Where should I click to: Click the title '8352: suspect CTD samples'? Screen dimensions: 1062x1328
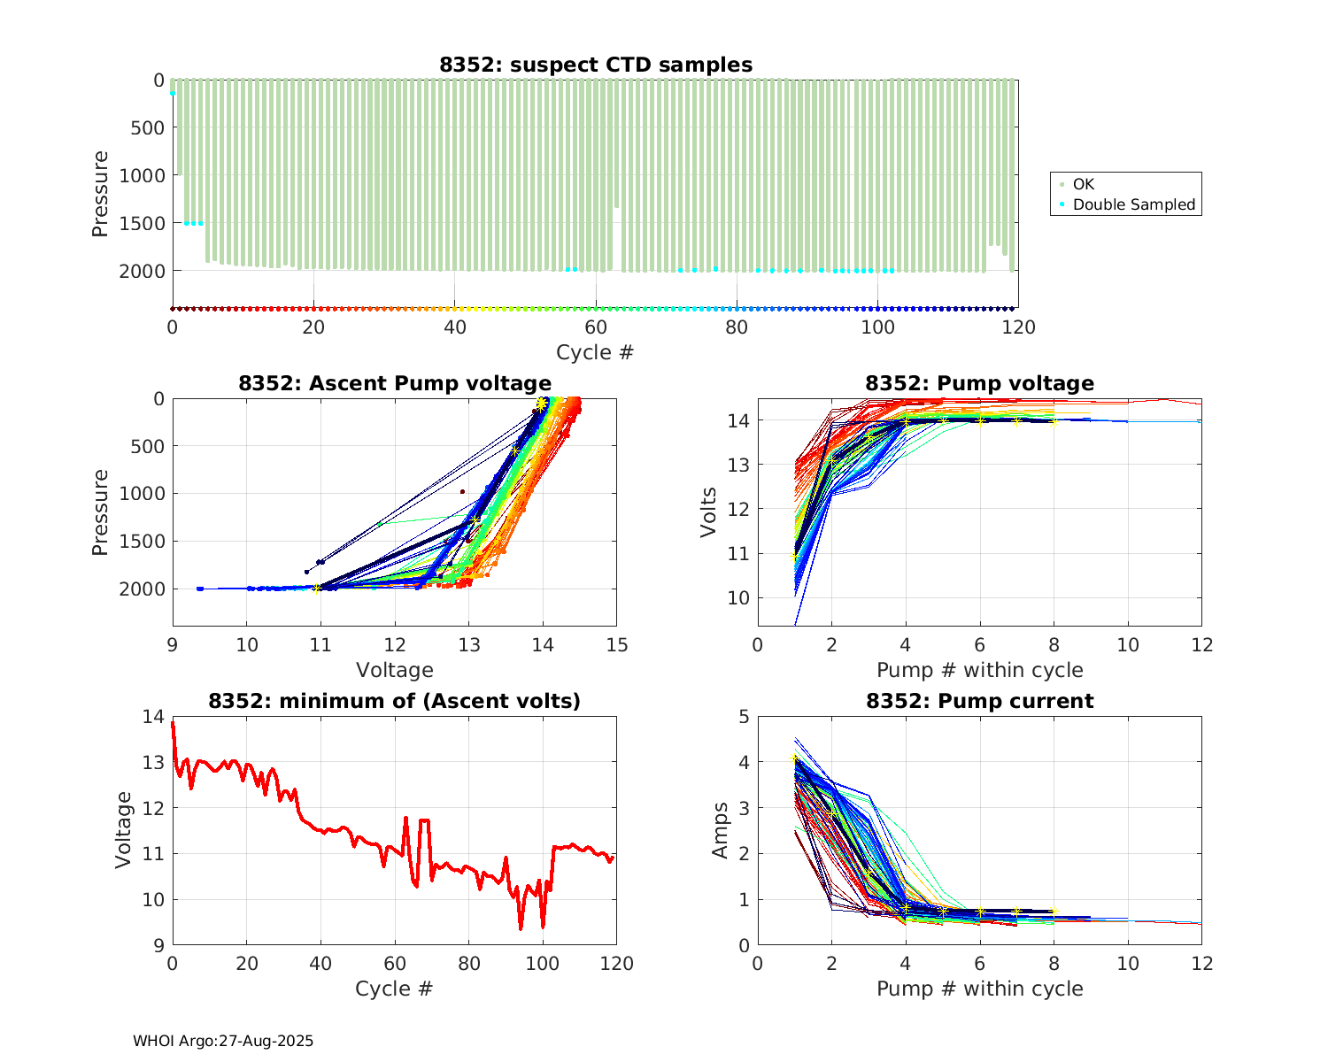coord(596,65)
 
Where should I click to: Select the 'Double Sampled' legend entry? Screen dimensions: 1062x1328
coord(1133,204)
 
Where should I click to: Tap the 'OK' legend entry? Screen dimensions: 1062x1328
coord(1084,184)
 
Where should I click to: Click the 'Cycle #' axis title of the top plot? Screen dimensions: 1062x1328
coord(595,352)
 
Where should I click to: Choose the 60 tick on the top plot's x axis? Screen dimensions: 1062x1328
coord(596,327)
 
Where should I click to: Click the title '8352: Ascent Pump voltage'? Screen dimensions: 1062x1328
coord(395,383)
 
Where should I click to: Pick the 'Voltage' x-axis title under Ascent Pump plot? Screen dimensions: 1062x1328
coord(395,670)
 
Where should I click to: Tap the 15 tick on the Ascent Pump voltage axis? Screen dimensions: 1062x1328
coord(617,644)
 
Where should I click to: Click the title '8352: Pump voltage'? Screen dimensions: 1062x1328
coord(979,383)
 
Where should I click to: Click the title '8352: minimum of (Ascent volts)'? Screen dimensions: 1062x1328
coord(395,701)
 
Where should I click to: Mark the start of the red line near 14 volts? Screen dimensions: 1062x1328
coord(173,723)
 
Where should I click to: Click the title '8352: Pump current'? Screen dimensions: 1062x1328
coord(979,701)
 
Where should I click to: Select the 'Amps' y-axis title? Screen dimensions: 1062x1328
coord(721,829)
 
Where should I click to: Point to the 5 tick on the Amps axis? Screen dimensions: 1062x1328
coord(744,716)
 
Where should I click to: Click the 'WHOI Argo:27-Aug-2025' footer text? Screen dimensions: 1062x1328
coord(223,1041)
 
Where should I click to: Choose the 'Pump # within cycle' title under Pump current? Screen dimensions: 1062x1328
coord(979,989)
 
